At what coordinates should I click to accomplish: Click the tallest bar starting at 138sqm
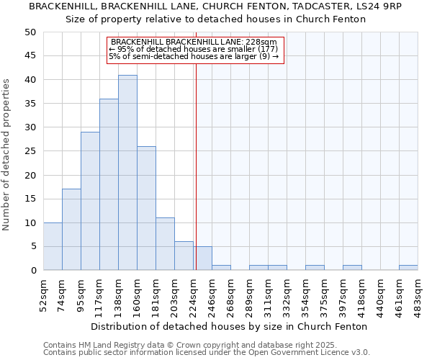[127, 173]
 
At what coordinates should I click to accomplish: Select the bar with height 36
[109, 184]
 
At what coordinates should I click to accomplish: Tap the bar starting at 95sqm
[90, 201]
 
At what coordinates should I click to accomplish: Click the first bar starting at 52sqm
[53, 246]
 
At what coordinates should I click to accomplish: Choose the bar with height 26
[146, 208]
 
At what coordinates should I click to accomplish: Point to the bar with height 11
[165, 244]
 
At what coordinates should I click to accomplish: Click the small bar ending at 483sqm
[408, 268]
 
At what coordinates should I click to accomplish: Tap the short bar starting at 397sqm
[352, 268]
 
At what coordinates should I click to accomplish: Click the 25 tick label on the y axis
[30, 151]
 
